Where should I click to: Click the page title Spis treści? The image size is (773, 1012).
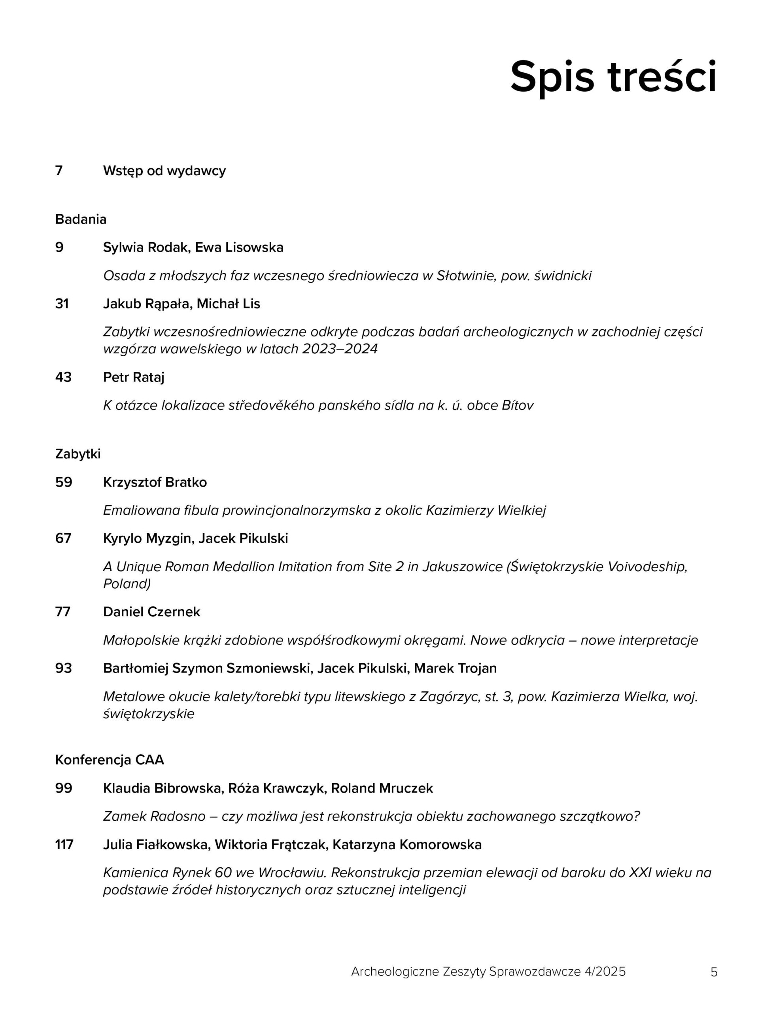(613, 76)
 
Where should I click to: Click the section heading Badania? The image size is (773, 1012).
(81, 219)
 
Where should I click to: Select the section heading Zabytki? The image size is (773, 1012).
(78, 454)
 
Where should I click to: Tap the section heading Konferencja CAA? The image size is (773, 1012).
(110, 760)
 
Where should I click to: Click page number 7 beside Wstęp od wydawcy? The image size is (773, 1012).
(59, 171)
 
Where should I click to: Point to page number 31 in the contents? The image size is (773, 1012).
(62, 304)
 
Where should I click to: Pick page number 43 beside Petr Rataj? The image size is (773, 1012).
(63, 377)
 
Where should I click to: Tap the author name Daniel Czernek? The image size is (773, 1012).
(151, 612)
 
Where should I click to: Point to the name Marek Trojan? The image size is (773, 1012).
(455, 668)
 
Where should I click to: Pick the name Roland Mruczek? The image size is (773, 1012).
(382, 788)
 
